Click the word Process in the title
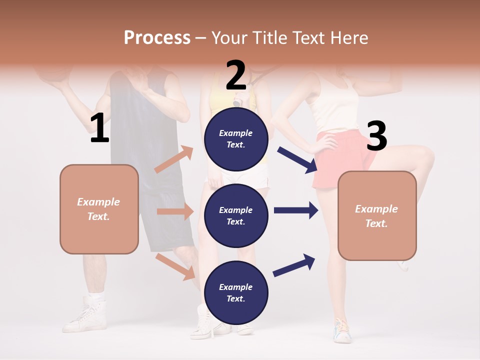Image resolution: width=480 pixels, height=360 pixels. click(x=157, y=37)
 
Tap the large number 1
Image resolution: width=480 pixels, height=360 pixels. click(x=99, y=128)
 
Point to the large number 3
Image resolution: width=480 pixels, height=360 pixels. click(x=376, y=136)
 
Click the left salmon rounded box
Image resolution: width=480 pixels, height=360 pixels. click(x=99, y=209)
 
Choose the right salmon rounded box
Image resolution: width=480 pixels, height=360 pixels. click(x=377, y=215)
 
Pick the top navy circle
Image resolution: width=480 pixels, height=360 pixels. click(x=236, y=138)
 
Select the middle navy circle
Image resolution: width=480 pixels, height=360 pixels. click(x=236, y=215)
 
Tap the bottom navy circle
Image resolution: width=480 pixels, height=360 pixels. click(x=236, y=292)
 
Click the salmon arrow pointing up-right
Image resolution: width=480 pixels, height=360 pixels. click(x=174, y=159)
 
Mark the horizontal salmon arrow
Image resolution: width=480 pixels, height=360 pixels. click(x=175, y=211)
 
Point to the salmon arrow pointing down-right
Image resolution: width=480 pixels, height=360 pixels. click(x=175, y=266)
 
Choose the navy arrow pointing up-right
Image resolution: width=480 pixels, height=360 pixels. click(x=294, y=265)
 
